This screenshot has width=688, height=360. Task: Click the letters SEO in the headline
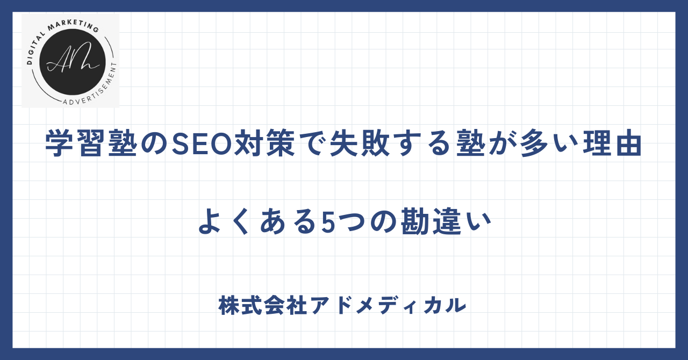point(201,143)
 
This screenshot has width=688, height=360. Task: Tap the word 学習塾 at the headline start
point(91,143)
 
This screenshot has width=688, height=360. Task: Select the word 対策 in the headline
point(264,143)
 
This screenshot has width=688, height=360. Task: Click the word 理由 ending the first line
point(612,143)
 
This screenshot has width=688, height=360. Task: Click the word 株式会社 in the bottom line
point(263,305)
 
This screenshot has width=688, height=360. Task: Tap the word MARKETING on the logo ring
point(73,26)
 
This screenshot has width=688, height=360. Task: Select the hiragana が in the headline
point(502,143)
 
